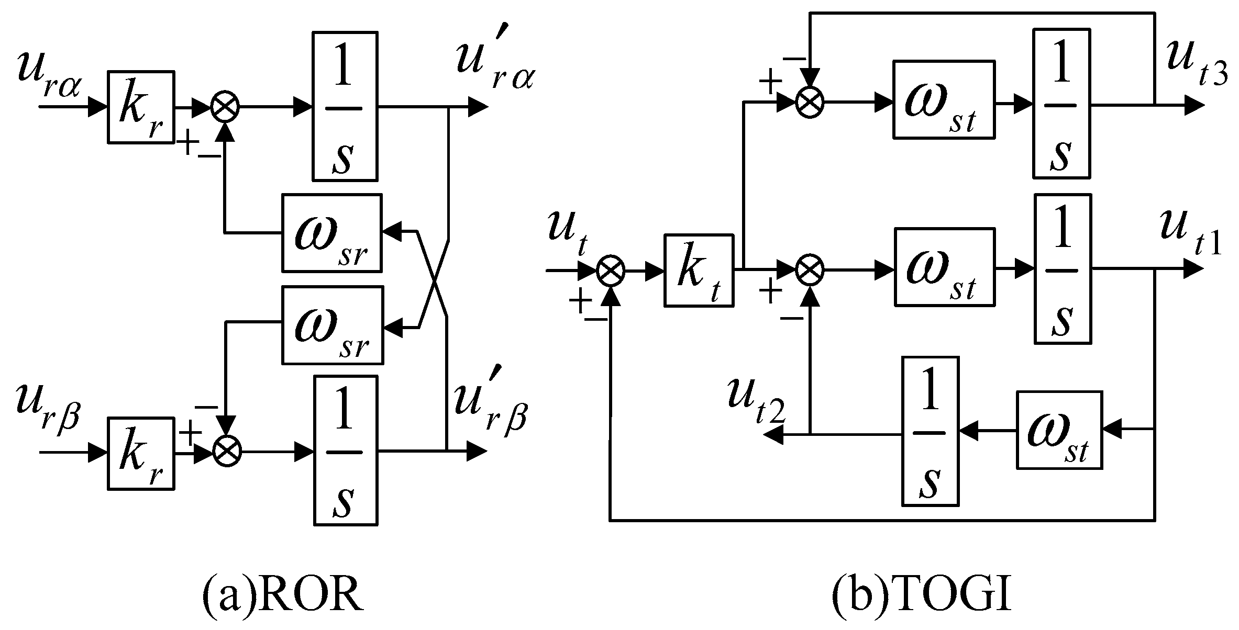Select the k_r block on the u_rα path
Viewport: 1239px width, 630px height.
(x=141, y=107)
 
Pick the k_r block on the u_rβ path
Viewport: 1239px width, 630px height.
(x=141, y=453)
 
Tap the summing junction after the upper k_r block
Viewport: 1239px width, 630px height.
(x=225, y=108)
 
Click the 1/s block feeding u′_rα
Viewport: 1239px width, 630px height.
(x=345, y=106)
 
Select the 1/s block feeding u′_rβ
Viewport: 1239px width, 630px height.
(x=345, y=451)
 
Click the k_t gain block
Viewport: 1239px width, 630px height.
(x=699, y=271)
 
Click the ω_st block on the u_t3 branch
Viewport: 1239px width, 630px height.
(x=943, y=99)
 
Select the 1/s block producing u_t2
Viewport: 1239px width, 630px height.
(x=930, y=431)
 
